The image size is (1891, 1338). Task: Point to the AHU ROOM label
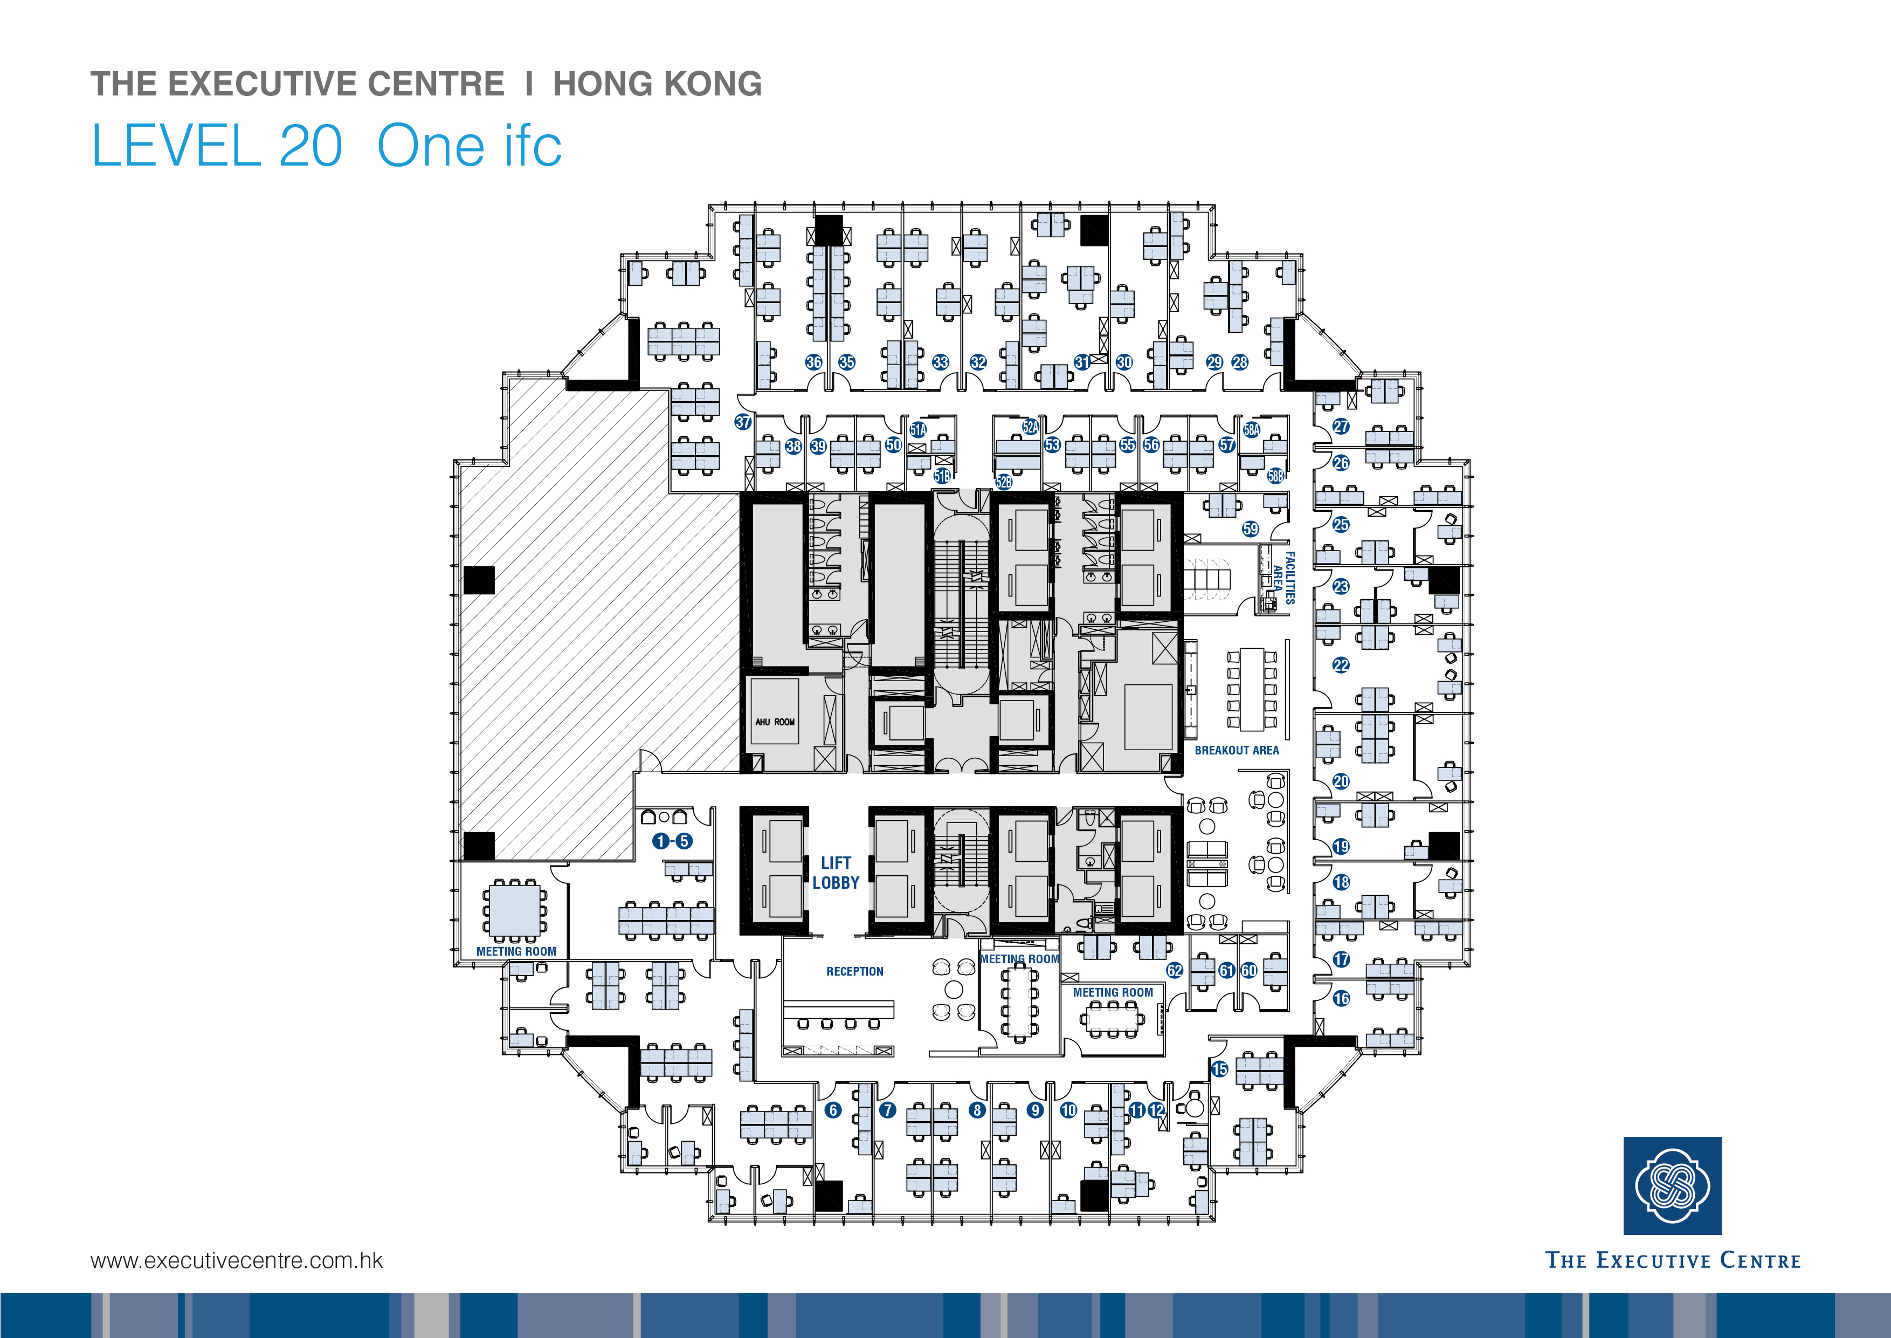point(774,722)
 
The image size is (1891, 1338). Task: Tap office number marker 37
point(743,422)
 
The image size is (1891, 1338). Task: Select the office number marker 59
point(1250,529)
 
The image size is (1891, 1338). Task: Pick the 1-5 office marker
point(672,841)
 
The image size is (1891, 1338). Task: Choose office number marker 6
point(833,1110)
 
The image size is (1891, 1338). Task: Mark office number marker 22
point(1341,665)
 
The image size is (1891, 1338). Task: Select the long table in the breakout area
point(1252,689)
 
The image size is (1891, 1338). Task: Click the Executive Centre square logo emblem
point(1672,1185)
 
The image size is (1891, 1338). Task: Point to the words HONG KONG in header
point(657,84)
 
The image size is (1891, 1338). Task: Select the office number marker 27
point(1341,426)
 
